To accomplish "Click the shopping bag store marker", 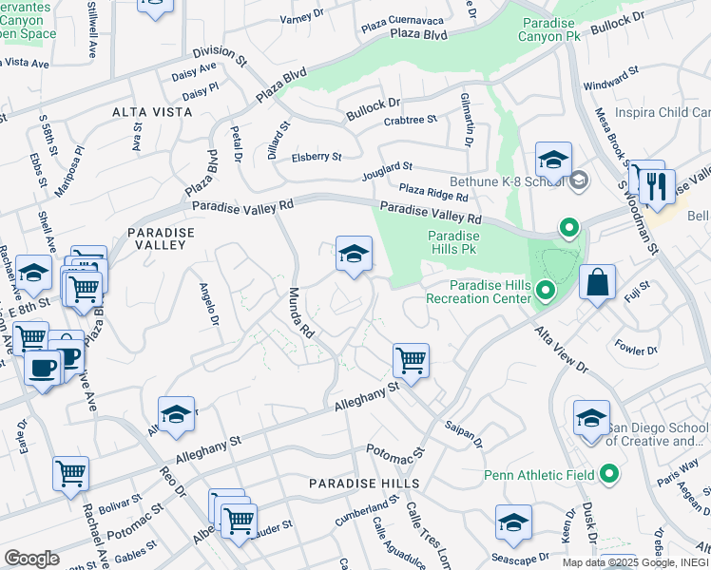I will pyautogui.click(x=597, y=283).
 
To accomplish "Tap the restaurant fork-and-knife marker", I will pyautogui.click(x=657, y=188).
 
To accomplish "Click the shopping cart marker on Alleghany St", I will pyautogui.click(x=411, y=361).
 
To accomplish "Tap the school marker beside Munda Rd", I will pyautogui.click(x=354, y=255).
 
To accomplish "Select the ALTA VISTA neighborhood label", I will pyautogui.click(x=152, y=112).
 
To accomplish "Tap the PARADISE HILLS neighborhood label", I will pyautogui.click(x=365, y=484).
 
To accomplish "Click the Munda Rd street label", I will pyautogui.click(x=300, y=313).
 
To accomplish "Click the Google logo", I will pyautogui.click(x=31, y=559).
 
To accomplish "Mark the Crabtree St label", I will pyautogui.click(x=409, y=120).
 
